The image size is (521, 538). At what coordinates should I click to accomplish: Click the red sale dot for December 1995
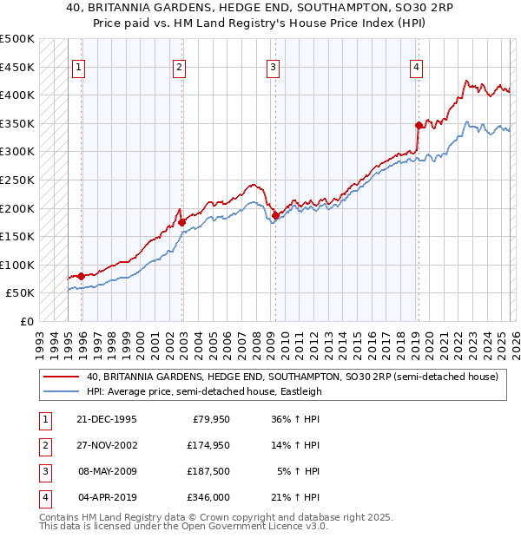82,276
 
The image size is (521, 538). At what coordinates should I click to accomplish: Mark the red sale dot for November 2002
182,222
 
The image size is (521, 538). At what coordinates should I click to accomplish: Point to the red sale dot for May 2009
275,215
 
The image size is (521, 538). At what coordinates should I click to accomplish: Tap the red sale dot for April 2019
419,125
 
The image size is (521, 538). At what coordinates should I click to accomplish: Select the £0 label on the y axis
26,321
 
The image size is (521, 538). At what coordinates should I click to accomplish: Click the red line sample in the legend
61,377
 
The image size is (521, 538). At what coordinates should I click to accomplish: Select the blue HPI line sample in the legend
61,391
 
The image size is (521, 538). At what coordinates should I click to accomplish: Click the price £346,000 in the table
208,497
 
